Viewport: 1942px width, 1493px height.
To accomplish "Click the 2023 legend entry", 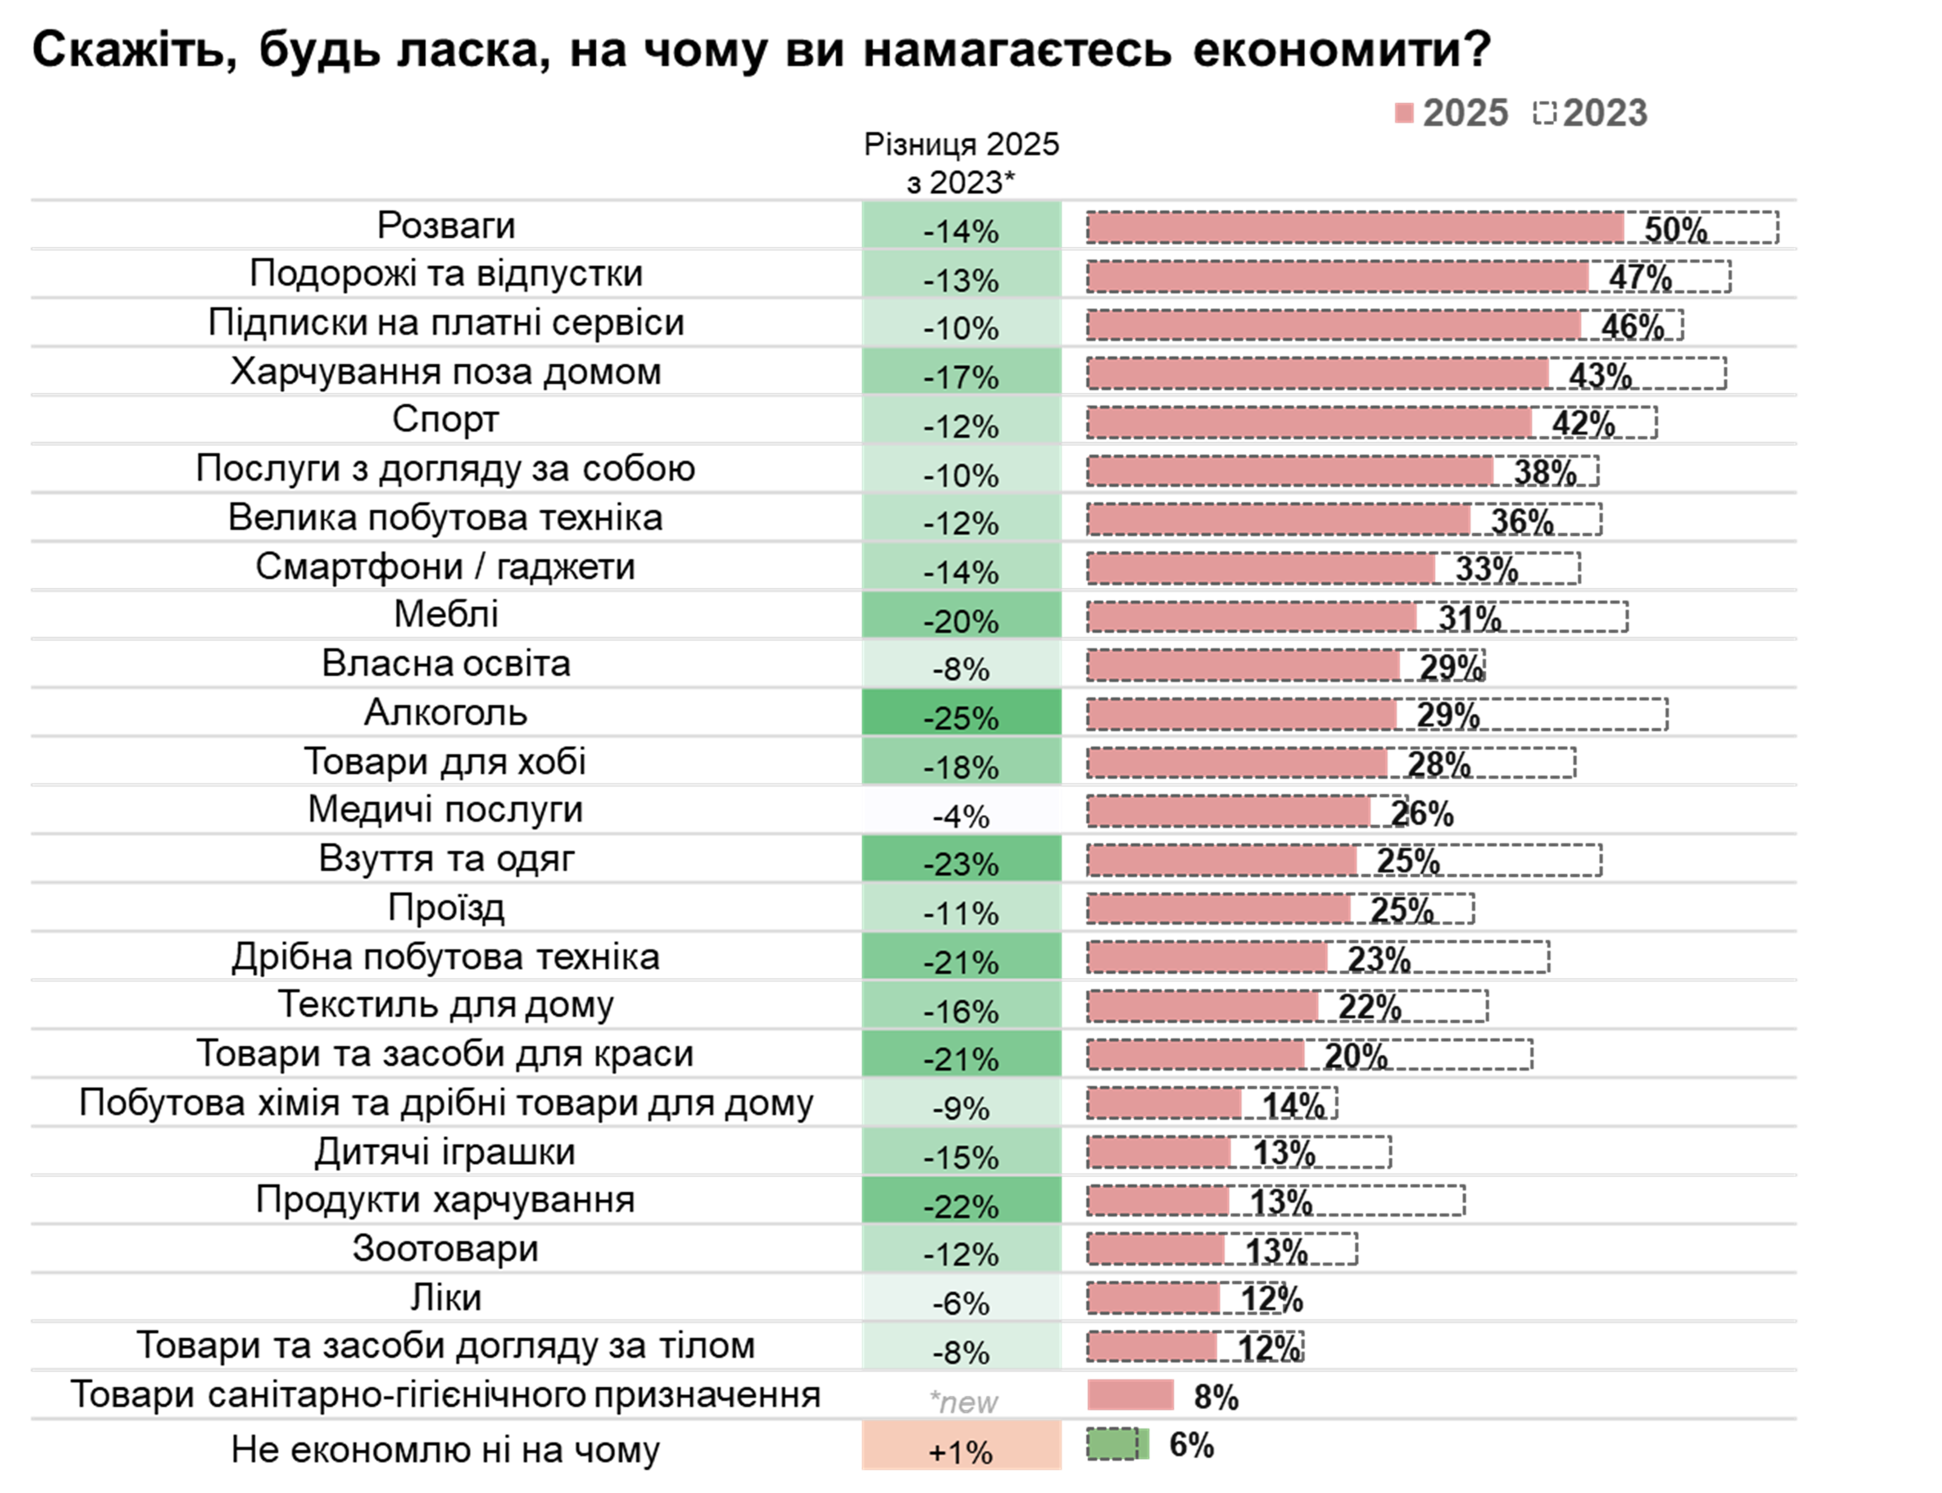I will [x=1590, y=113].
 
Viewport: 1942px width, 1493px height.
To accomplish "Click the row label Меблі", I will [x=445, y=614].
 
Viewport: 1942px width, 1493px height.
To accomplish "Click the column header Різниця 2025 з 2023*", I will [x=961, y=162].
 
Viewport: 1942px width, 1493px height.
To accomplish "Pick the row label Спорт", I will [x=445, y=419].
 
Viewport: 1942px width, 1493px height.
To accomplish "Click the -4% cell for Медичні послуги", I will [x=961, y=815].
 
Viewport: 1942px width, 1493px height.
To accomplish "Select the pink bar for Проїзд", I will [x=1218, y=908].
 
